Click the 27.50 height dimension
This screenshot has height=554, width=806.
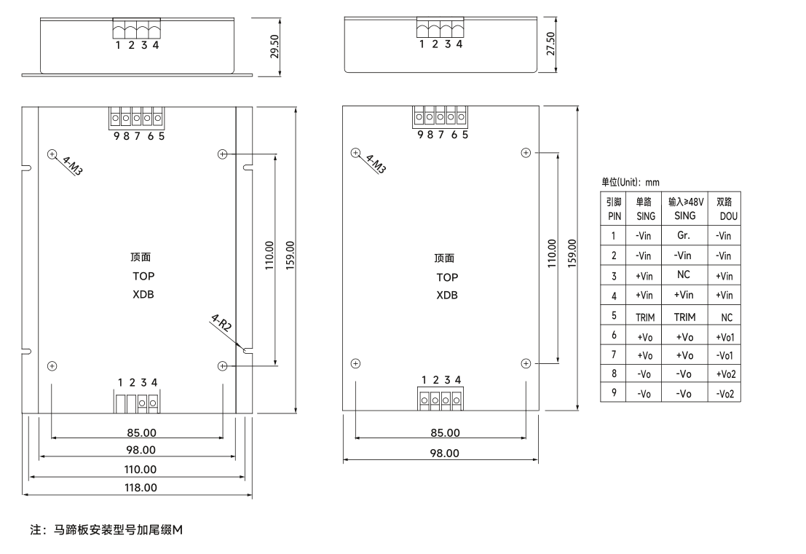(550, 44)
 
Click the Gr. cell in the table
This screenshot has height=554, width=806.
(684, 236)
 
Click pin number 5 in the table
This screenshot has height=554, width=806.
(614, 317)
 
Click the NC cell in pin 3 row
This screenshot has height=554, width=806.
(684, 276)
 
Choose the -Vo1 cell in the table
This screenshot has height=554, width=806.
(724, 355)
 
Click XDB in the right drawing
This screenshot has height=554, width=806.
(447, 296)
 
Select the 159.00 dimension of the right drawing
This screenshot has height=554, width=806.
(571, 253)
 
